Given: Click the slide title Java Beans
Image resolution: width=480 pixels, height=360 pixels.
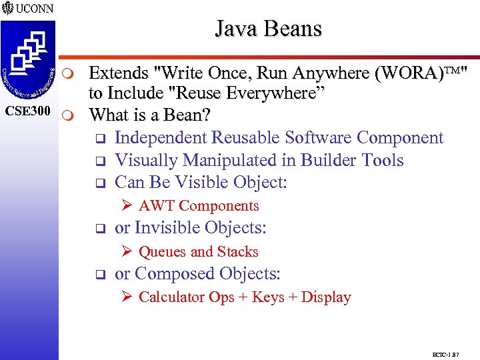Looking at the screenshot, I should coord(268,29).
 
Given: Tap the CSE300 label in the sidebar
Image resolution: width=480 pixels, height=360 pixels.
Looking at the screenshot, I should coord(28,111).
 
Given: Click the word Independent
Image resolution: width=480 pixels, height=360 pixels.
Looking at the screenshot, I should coord(161,137).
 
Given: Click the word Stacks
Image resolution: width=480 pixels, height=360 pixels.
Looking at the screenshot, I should coord(237,252).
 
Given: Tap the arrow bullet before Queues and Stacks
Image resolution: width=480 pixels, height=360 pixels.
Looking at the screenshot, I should coord(127,252).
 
